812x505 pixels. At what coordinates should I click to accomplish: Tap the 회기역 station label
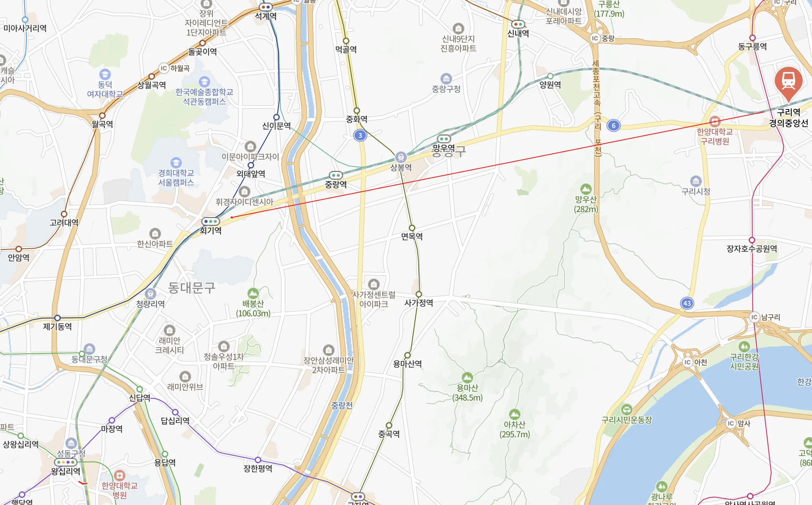[x=211, y=231]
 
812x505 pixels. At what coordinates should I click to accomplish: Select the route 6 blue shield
[x=614, y=126]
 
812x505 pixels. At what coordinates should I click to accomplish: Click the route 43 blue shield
[x=687, y=303]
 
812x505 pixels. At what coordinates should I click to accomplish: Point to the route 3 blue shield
[x=360, y=135]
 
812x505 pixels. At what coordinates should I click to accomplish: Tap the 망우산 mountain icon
[x=586, y=189]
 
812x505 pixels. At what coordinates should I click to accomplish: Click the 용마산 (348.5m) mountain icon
[x=467, y=377]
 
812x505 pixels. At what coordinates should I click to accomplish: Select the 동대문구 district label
[x=192, y=288]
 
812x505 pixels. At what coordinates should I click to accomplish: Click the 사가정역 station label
[x=419, y=303]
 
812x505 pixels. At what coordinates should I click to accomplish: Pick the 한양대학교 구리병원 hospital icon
[x=715, y=122]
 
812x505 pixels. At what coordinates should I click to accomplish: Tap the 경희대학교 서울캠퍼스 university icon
[x=176, y=163]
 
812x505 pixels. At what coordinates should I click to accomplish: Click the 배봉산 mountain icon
[x=253, y=293]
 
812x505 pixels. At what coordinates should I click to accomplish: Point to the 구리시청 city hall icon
[x=696, y=181]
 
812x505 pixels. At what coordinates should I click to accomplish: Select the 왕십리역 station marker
[x=66, y=462]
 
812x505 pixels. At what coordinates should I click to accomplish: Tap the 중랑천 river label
[x=342, y=405]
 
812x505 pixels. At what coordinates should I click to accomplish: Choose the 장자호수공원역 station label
[x=752, y=249]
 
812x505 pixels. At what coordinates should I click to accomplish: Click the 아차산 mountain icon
[x=514, y=414]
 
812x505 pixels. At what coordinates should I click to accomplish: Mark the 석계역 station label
[x=266, y=16]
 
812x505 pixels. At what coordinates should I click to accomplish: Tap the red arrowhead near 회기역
[x=232, y=217]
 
